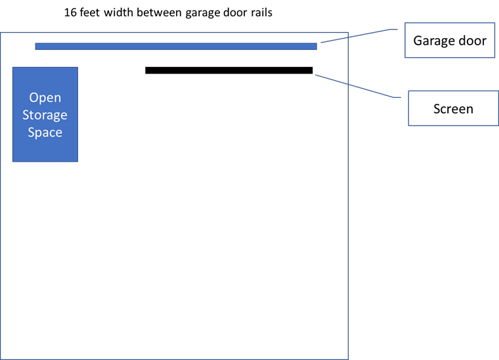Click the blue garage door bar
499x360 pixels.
click(176, 47)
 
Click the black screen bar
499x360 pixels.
click(228, 70)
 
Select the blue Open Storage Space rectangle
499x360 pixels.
click(45, 114)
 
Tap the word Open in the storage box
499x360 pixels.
click(45, 98)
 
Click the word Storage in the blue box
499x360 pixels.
click(45, 115)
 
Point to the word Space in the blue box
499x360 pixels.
click(45, 133)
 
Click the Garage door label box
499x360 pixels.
click(450, 40)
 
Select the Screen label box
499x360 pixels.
click(454, 108)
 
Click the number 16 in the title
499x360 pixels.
click(70, 12)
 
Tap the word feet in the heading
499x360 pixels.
click(90, 12)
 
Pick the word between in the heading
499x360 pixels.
click(160, 12)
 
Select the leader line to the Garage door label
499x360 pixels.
click(359, 35)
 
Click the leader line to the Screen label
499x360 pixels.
click(358, 86)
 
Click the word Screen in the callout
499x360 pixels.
click(453, 109)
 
